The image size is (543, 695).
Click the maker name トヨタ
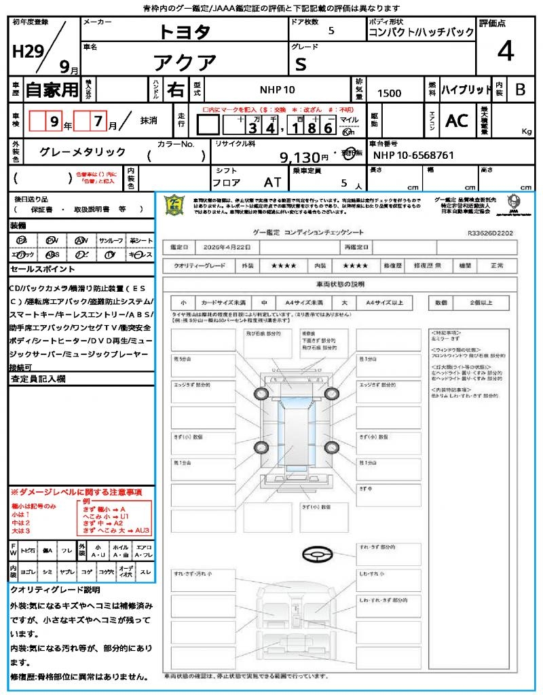pos(185,31)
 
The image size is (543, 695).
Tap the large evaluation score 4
pos(505,52)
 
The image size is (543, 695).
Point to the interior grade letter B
pos(520,90)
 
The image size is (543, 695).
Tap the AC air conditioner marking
pos(457,121)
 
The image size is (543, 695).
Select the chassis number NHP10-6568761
pos(413,155)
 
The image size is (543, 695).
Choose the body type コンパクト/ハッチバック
pos(421,33)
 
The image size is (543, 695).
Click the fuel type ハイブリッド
pos(466,90)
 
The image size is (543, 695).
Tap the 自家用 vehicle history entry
pos(52,90)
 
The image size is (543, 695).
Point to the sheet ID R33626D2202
pos(490,233)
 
